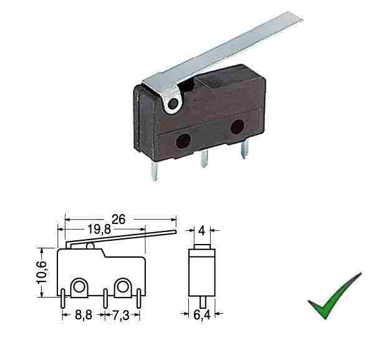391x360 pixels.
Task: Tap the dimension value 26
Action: pyautogui.click(x=118, y=220)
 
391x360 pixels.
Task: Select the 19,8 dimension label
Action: pyautogui.click(x=99, y=229)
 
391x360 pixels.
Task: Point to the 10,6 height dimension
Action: pyautogui.click(x=41, y=272)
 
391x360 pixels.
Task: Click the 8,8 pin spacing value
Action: pyautogui.click(x=84, y=315)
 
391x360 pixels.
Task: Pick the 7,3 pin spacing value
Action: pyautogui.click(x=121, y=315)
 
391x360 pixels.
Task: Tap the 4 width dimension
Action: pyautogui.click(x=201, y=231)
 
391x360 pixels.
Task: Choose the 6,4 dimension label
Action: pyautogui.click(x=201, y=315)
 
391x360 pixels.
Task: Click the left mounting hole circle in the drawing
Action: pyautogui.click(x=79, y=287)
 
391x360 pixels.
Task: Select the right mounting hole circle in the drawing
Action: pyautogui.click(x=123, y=287)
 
